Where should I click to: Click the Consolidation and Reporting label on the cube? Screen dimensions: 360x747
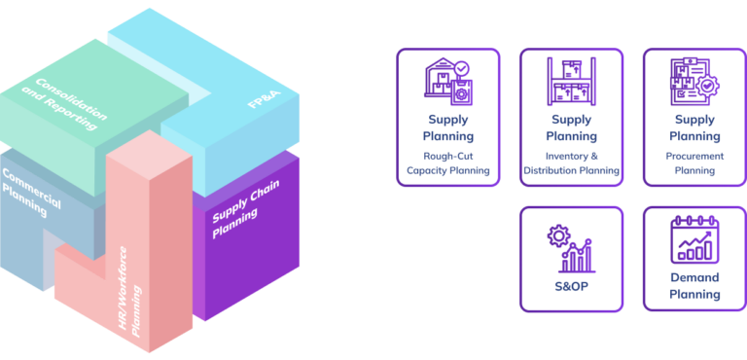pos(71,99)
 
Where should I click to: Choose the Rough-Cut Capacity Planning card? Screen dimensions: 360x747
pos(448,117)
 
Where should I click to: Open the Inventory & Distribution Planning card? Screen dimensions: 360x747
pos(571,117)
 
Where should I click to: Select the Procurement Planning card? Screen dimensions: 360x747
pos(694,117)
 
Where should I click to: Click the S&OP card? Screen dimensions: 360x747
pos(571,259)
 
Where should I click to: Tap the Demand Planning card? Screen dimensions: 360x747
pos(694,259)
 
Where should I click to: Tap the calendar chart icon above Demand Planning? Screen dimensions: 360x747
pos(694,239)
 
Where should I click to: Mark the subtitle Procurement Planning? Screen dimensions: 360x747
pos(694,162)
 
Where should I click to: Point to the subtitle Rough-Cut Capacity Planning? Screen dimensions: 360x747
pos(448,162)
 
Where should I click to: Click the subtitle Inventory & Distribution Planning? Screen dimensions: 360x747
pos(571,162)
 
